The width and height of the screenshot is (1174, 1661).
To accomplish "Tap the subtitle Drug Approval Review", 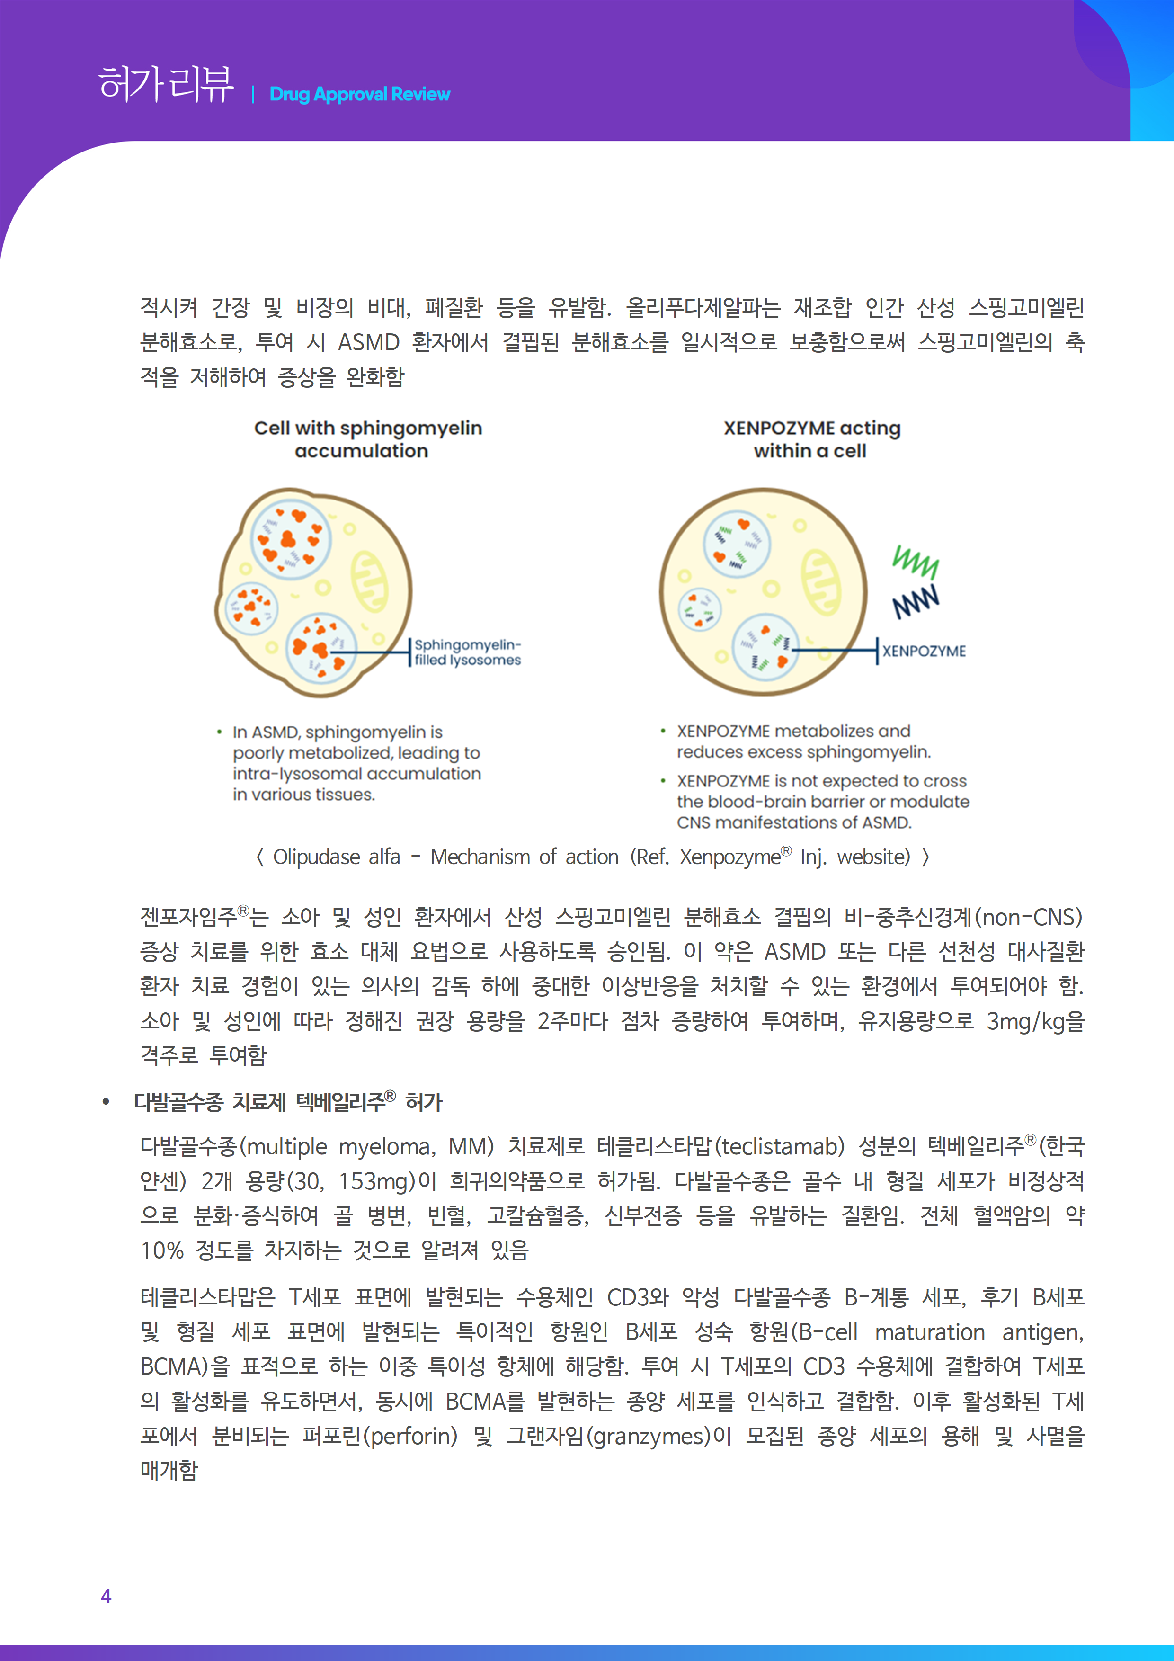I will point(359,95).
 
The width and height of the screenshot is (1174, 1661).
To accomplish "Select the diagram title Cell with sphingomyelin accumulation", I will point(367,439).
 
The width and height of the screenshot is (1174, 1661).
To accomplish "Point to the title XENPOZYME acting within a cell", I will point(811,439).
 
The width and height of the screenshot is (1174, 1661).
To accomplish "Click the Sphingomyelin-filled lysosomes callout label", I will point(467,652).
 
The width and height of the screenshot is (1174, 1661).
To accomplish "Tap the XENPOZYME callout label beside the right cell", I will point(924,651).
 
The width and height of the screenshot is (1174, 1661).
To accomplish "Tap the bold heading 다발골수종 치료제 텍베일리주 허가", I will point(288,1102).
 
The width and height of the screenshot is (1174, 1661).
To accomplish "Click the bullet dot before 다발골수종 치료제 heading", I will point(107,1102).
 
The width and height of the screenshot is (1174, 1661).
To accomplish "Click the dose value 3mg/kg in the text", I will point(1026,1021).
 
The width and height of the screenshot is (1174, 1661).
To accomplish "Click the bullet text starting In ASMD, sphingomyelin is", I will point(356,763).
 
